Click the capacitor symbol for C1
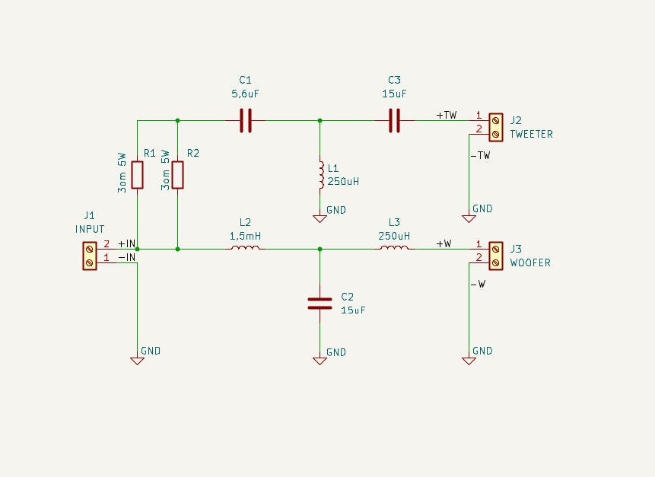[x=246, y=121]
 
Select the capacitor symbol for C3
[x=394, y=121]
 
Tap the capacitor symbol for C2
[x=320, y=304]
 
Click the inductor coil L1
[x=321, y=175]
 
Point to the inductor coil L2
[x=245, y=248]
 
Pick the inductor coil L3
[x=394, y=248]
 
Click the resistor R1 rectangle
[x=138, y=175]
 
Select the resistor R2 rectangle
[x=177, y=175]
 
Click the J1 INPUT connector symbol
[x=90, y=256]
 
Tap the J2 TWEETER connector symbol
[x=496, y=127]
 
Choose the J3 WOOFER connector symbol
[x=496, y=256]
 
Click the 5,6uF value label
[x=245, y=94]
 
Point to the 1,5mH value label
[x=245, y=237]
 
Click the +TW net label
[x=447, y=115]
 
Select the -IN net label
[x=127, y=257]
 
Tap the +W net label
[x=444, y=243]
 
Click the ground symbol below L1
[x=320, y=218]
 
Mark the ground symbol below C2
[x=320, y=361]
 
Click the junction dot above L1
[x=320, y=121]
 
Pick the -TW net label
[x=480, y=155]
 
